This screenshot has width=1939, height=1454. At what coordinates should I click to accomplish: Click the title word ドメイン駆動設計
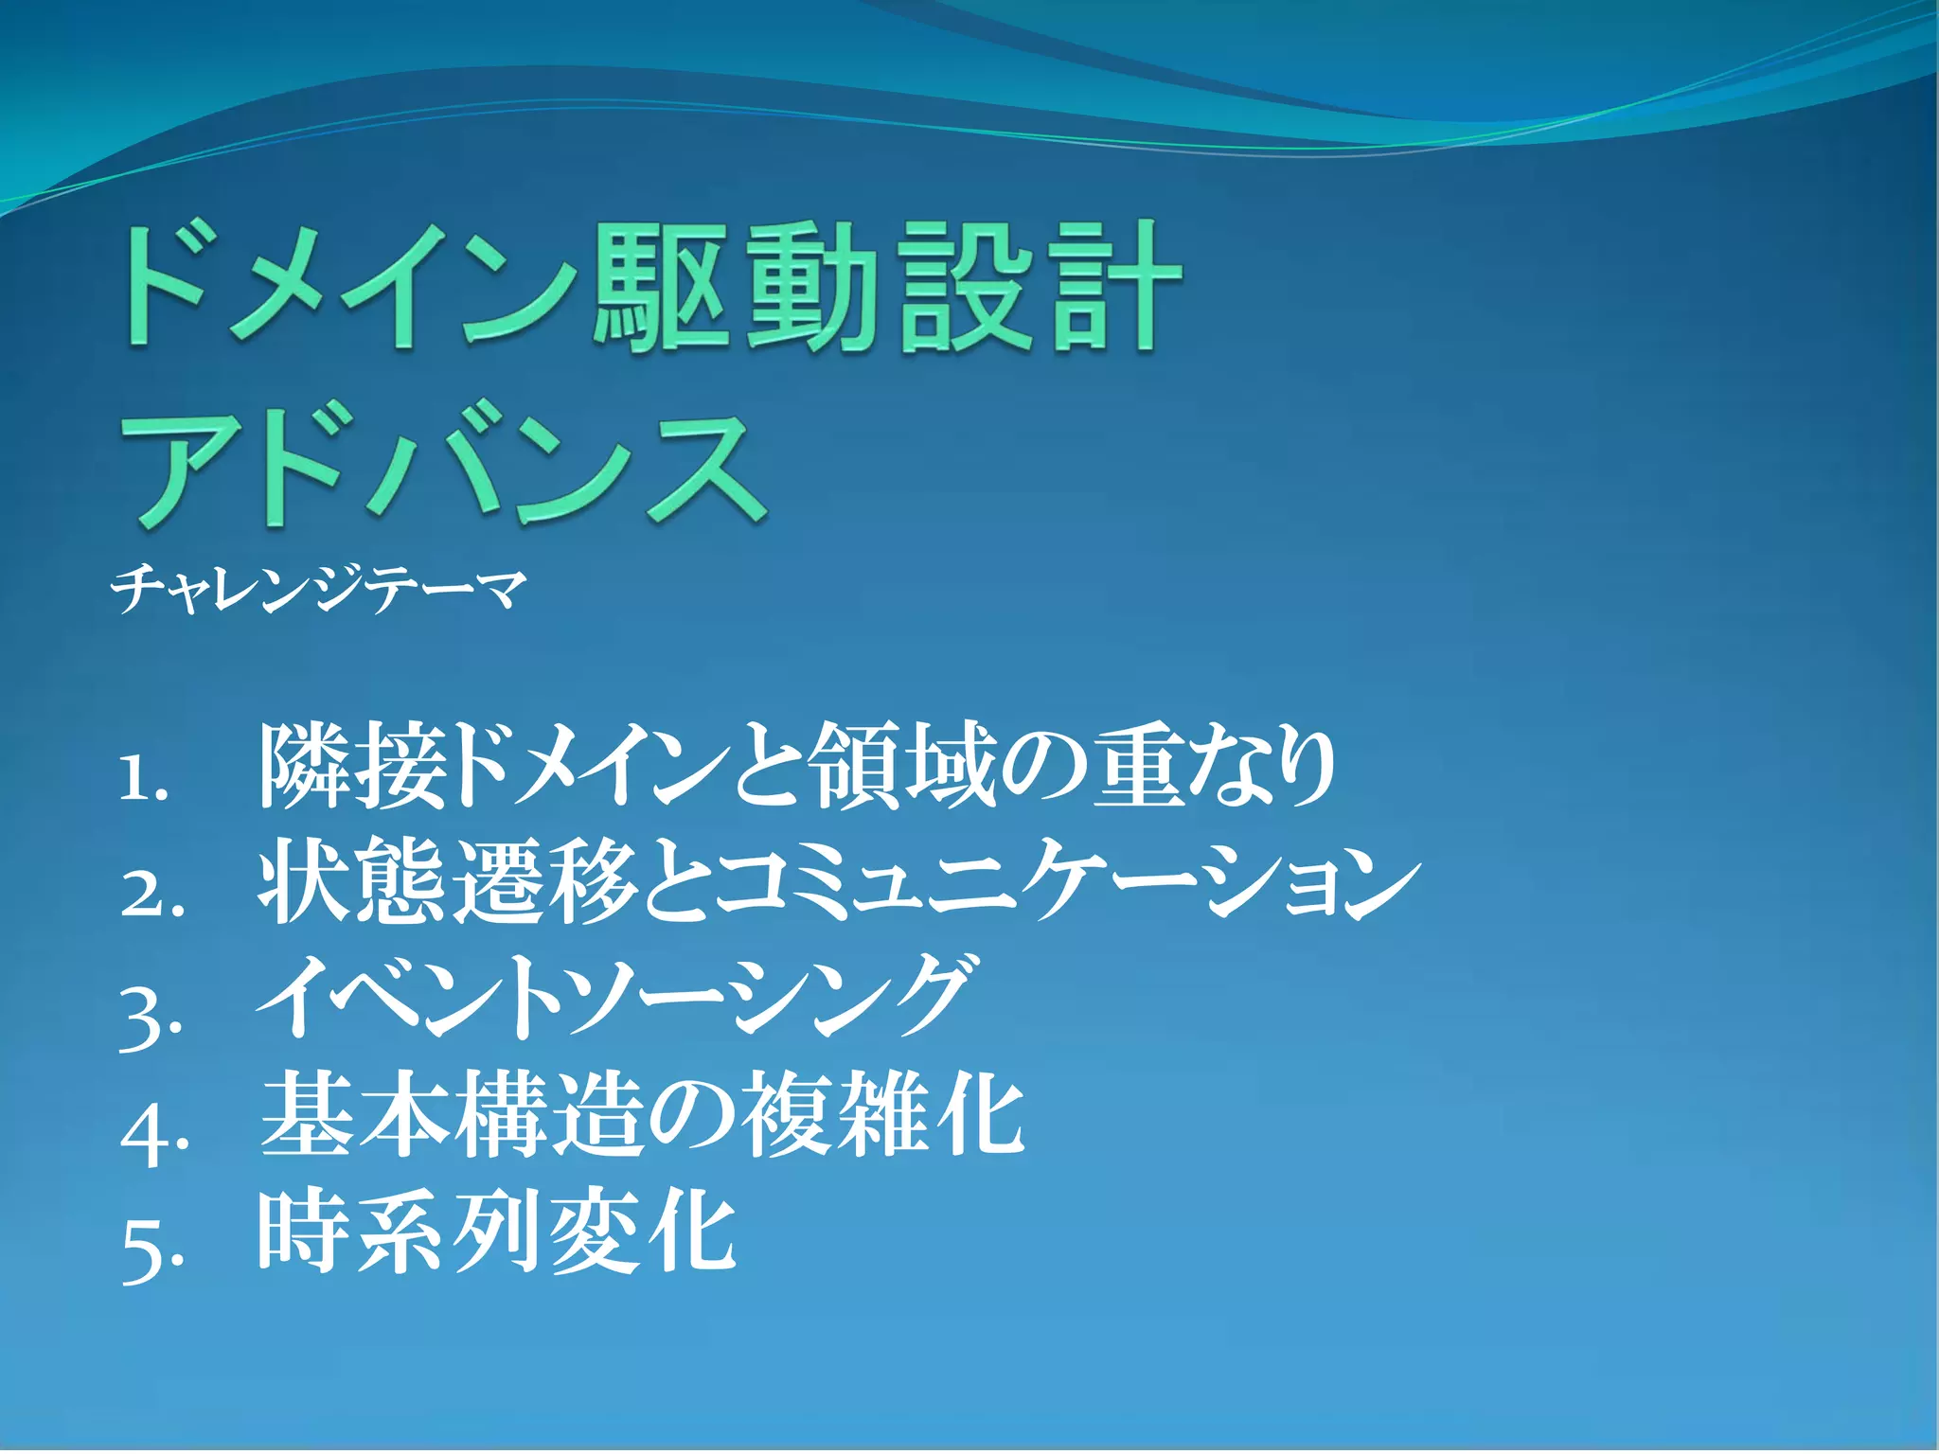tap(649, 286)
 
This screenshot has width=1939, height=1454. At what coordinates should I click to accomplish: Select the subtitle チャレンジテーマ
tap(318, 588)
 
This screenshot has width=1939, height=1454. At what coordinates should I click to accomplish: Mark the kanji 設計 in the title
tap(1039, 286)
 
